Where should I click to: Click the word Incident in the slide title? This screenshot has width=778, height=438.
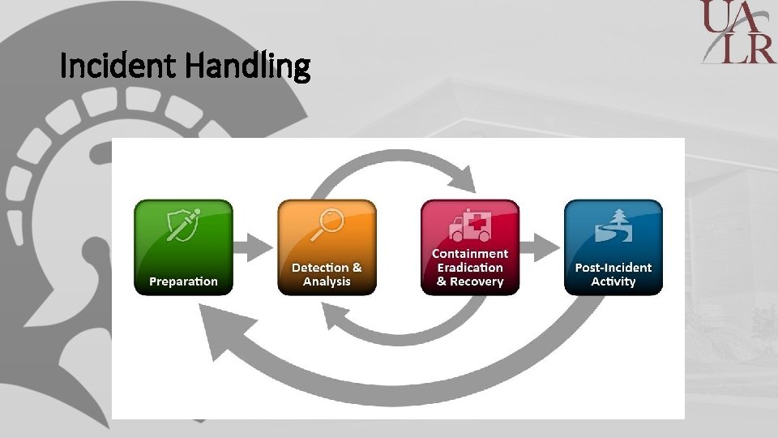pyautogui.click(x=118, y=67)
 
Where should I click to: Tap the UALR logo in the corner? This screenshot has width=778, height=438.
pyautogui.click(x=738, y=32)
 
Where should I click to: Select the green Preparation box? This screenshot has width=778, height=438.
pyautogui.click(x=183, y=247)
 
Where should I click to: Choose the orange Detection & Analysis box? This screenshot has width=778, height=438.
pyautogui.click(x=327, y=247)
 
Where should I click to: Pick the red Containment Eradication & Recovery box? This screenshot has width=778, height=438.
pyautogui.click(x=470, y=247)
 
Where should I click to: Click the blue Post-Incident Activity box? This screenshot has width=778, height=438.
pyautogui.click(x=613, y=247)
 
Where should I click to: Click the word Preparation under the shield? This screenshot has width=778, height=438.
pyautogui.click(x=183, y=281)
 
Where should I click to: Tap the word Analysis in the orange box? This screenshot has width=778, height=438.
pyautogui.click(x=327, y=281)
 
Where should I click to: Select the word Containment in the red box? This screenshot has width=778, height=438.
pyautogui.click(x=470, y=254)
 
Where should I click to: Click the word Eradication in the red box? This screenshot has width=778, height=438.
pyautogui.click(x=470, y=268)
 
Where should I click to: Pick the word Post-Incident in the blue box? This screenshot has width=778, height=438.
pyautogui.click(x=613, y=268)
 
